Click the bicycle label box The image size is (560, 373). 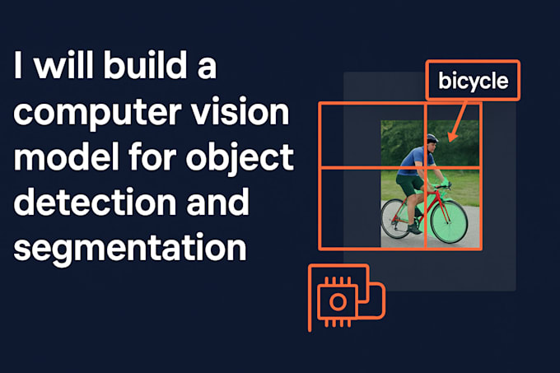coord(473,81)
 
